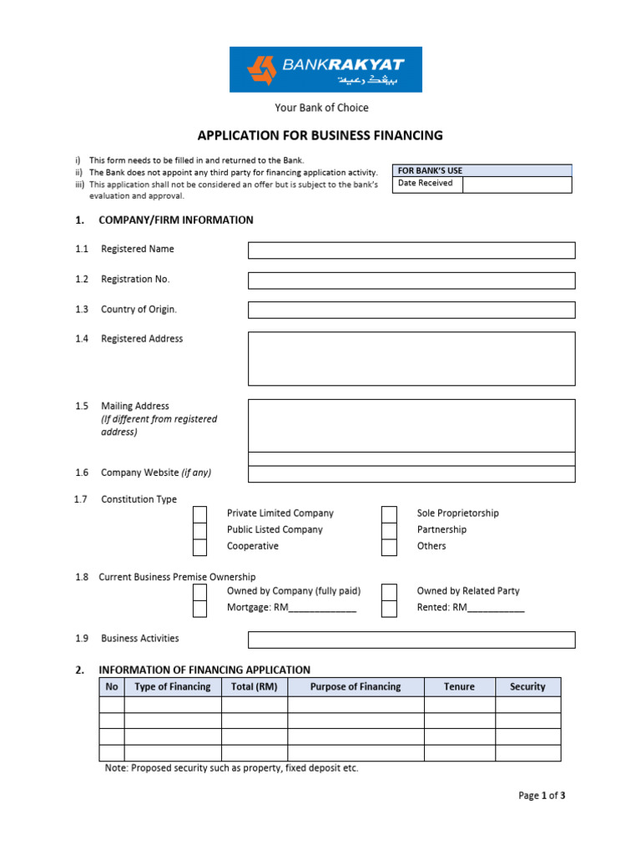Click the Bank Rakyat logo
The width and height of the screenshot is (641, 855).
coord(326,69)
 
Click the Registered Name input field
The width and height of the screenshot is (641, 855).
coord(411,250)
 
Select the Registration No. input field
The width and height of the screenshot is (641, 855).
coord(411,281)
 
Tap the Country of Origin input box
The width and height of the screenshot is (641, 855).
coord(411,311)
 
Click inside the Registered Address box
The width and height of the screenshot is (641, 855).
coord(411,359)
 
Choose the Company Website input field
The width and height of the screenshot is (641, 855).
coord(411,474)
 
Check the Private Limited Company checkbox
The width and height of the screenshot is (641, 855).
coord(199,514)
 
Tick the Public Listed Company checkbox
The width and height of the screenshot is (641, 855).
coord(199,531)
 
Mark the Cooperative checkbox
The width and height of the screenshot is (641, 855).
coord(199,548)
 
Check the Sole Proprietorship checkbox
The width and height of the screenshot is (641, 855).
coord(389,514)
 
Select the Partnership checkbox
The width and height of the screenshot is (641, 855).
coord(389,531)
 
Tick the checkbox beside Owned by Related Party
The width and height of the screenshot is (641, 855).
coord(389,592)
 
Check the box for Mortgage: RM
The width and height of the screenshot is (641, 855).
coord(199,609)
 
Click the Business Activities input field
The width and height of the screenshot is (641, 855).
coord(411,640)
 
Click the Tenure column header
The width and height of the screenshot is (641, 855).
coord(459,687)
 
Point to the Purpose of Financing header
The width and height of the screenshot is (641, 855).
coord(356,687)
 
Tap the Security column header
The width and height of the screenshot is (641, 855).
coord(527,687)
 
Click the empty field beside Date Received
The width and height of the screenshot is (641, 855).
coord(517,185)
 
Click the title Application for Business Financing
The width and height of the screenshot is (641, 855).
coord(320,135)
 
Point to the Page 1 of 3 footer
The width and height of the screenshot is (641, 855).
coord(542,796)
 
